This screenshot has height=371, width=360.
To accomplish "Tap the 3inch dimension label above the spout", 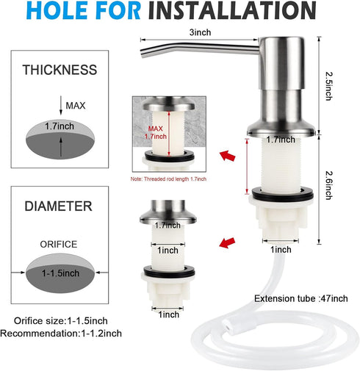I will [201, 33].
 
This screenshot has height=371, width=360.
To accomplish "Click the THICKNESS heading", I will [60, 71].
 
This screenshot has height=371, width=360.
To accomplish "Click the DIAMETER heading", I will [60, 206].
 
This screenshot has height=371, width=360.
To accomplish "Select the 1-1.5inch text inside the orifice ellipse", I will [60, 273].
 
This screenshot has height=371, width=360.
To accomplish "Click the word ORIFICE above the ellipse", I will [60, 245].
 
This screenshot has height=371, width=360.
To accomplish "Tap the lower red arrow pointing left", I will [228, 243].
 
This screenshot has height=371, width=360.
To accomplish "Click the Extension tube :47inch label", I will [301, 298].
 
